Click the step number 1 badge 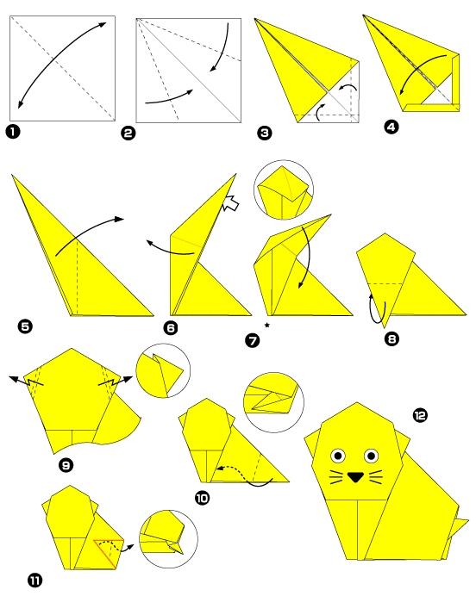click(13, 132)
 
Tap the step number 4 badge click(391, 127)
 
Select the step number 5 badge click(25, 326)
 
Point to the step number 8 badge click(391, 338)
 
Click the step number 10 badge click(202, 498)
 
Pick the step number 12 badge click(420, 414)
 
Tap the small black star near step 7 click(267, 325)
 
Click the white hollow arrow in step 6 click(230, 202)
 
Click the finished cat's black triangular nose click(356, 477)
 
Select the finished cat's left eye click(337, 455)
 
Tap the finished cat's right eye click(371, 455)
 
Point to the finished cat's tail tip click(467, 519)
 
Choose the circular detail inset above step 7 click(284, 190)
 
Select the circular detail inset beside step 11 click(168, 538)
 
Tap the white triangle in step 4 click(436, 96)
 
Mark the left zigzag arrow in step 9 click(26, 382)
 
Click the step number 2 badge click(128, 133)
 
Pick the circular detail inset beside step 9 click(163, 370)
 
